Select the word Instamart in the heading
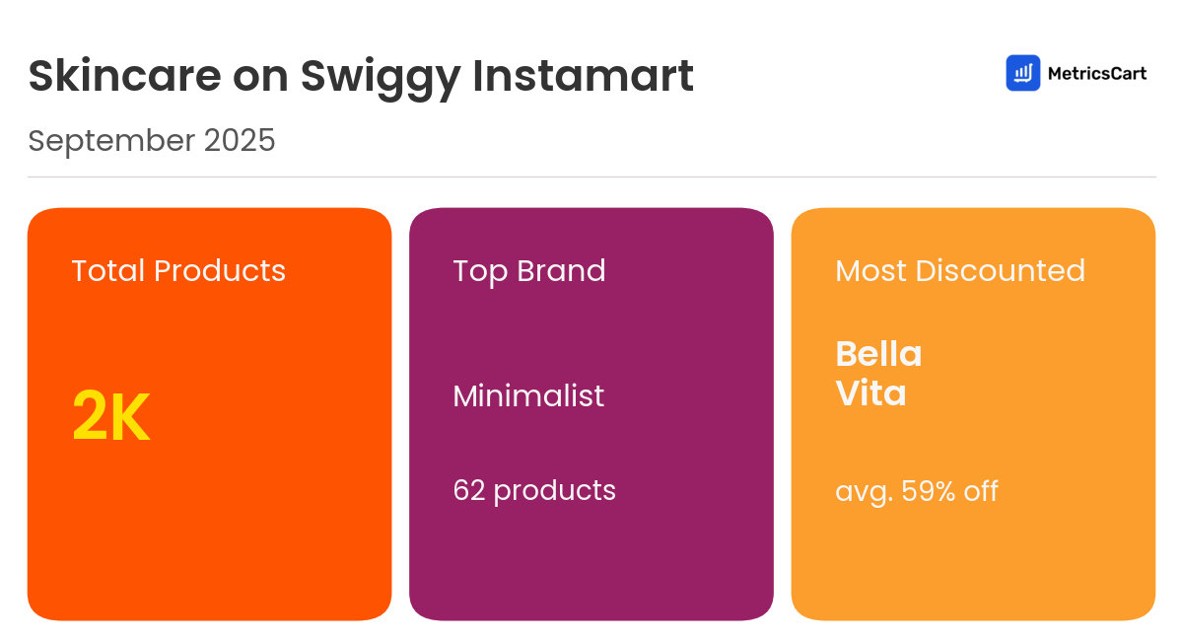[x=584, y=77]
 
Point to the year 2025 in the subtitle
[x=240, y=141]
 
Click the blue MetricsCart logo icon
[x=1022, y=73]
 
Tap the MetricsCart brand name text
[x=1096, y=73]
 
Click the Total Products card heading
[x=178, y=270]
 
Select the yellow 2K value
[x=111, y=417]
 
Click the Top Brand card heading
[x=529, y=270]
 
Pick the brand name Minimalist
[x=528, y=395]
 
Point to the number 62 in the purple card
[x=469, y=490]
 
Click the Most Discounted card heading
[x=960, y=270]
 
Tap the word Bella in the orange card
[x=878, y=353]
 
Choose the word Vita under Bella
[x=870, y=393]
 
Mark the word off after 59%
[x=981, y=490]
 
